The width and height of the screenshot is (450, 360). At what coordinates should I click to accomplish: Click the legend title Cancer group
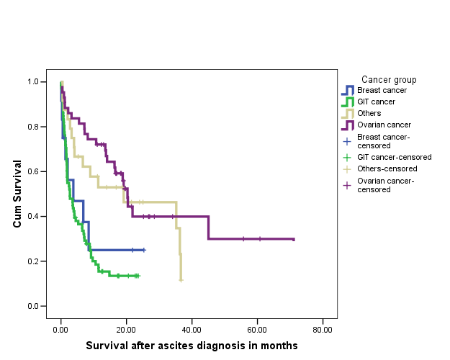pos(389,79)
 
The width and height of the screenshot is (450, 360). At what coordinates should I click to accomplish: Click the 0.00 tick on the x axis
pos(60,329)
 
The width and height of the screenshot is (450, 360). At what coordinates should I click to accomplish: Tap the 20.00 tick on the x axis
pos(126,329)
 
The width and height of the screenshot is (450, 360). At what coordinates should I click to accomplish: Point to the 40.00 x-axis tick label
pos(192,329)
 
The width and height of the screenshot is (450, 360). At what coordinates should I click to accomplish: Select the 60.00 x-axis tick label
pos(257,329)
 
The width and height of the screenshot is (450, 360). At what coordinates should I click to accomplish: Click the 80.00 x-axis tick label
pos(323,329)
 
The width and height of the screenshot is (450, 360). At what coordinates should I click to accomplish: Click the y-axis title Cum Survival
pos(18,194)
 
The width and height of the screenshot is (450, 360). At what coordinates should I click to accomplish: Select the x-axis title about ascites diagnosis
pos(192,346)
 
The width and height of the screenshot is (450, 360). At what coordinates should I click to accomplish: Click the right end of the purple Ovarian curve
pos(294,239)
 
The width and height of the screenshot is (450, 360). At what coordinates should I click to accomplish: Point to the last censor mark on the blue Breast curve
pos(143,250)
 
